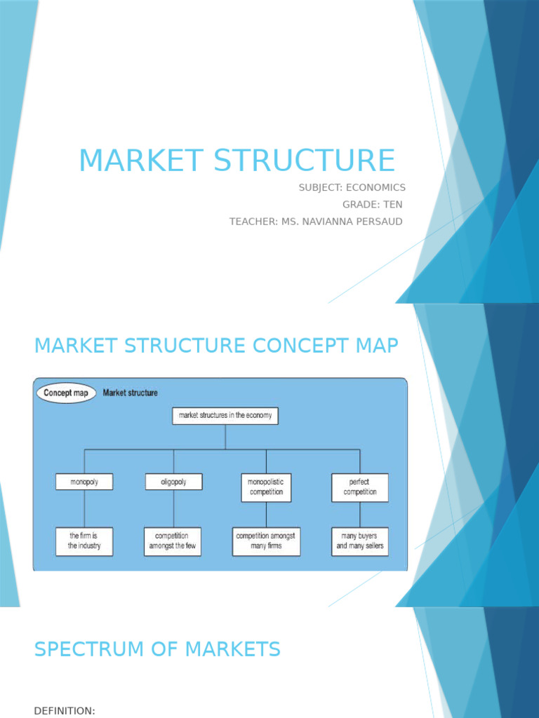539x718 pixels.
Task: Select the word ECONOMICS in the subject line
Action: pos(375,187)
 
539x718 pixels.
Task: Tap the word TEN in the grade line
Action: pos(392,204)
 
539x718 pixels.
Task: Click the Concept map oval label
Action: pos(66,393)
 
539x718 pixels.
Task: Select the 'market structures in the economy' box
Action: pos(225,416)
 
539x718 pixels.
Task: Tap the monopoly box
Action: pos(84,482)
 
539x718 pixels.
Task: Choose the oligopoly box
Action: pos(173,482)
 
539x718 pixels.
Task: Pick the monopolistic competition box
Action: pos(266,487)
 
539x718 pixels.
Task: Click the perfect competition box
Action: pos(359,487)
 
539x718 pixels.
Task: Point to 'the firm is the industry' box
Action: pos(84,541)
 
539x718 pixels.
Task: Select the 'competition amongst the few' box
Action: pos(173,541)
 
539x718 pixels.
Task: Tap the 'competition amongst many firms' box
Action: pos(266,541)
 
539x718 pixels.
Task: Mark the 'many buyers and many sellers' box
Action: pos(359,541)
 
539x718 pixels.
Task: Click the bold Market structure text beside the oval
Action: pos(131,393)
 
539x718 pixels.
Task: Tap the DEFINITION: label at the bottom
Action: pos(65,710)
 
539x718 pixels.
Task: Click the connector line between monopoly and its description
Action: pos(84,508)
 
